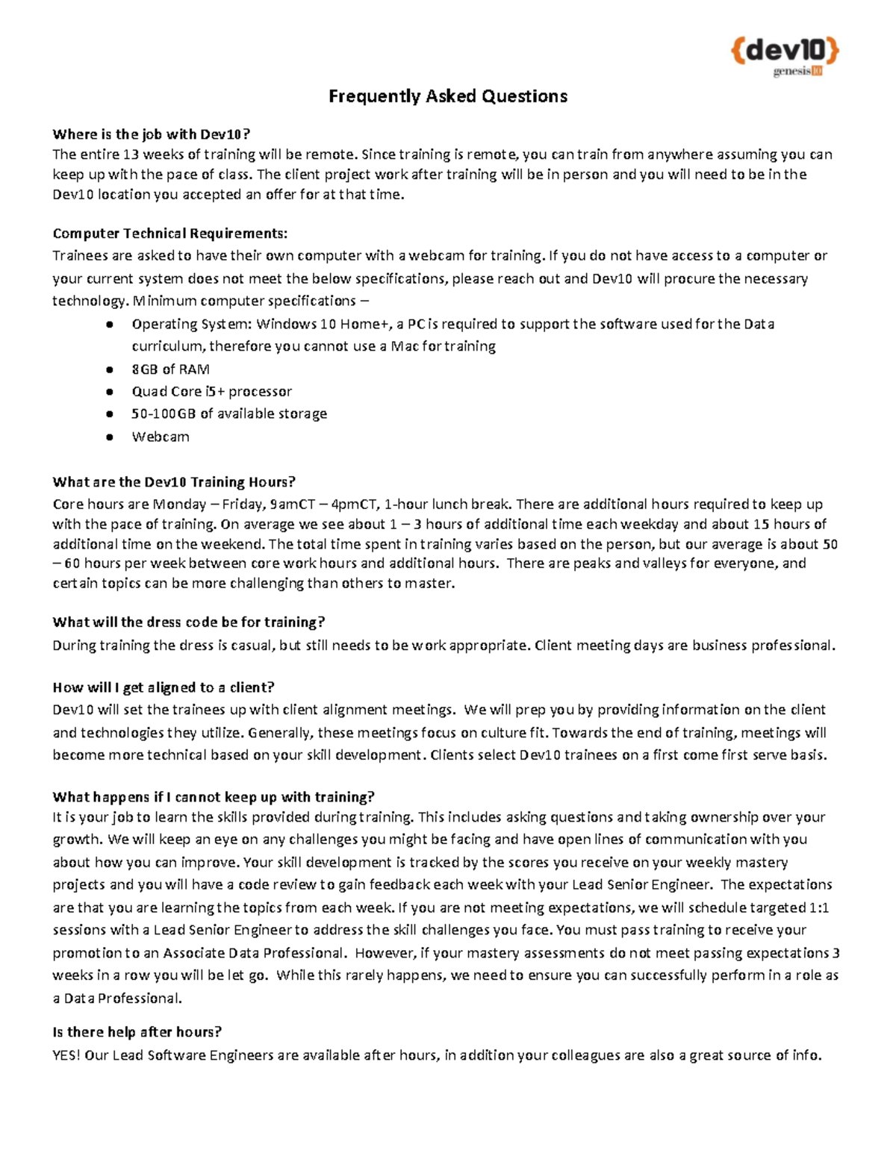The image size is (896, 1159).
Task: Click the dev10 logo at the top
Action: pos(785,51)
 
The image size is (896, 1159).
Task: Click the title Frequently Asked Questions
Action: pos(448,96)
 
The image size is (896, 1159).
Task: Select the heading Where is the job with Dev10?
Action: pos(151,134)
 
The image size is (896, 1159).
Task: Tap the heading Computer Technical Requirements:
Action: pos(169,234)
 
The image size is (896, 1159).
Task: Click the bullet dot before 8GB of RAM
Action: pos(110,369)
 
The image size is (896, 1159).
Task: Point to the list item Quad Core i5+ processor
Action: pos(211,392)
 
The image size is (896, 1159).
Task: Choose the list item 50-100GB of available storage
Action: pos(229,413)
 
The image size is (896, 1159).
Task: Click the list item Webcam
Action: pos(161,437)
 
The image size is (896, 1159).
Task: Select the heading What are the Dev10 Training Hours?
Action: pos(174,482)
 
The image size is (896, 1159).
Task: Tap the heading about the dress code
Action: pos(188,622)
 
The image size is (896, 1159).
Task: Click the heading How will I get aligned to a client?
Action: pos(164,687)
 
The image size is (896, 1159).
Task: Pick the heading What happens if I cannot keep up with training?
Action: pos(214,797)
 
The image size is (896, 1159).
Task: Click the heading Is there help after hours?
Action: pos(137,1032)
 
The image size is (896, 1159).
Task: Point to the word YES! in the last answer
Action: pos(66,1055)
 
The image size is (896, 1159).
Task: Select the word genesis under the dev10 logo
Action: pos(791,72)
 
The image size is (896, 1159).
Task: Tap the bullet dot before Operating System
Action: pos(110,325)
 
